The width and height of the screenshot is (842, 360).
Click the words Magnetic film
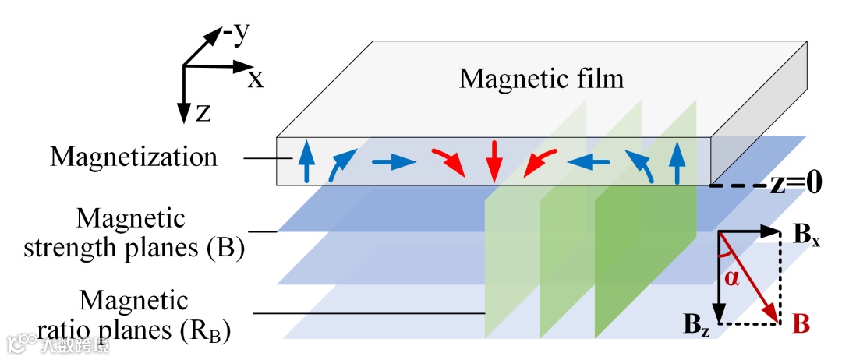coord(542,79)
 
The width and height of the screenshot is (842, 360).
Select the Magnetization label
coord(133,157)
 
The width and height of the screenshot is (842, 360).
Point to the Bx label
coord(806,236)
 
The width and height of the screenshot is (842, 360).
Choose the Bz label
coord(697,320)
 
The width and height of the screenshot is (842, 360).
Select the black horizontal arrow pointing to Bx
coord(748,231)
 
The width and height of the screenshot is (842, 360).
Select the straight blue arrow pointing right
coord(393,163)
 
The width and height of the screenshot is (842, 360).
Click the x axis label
coord(256,78)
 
